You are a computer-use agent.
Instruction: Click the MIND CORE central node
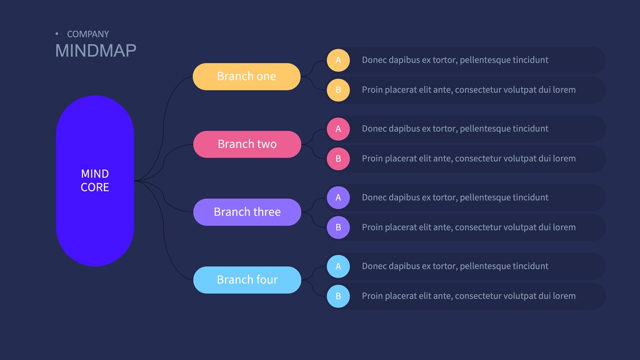point(95,181)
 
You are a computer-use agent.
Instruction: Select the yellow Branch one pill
point(246,76)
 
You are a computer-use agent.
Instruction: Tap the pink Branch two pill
point(247,144)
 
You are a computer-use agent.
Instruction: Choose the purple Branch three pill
point(247,212)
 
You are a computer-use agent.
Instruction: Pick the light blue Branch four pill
point(247,280)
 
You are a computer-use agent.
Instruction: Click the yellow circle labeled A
point(338,60)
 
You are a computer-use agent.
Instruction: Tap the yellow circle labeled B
point(338,90)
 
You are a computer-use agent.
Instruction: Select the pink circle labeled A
point(338,129)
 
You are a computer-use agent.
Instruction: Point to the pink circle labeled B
point(338,158)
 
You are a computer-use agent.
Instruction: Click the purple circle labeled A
point(338,198)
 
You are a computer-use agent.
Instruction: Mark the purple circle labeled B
point(338,227)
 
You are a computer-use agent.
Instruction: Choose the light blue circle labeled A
point(338,266)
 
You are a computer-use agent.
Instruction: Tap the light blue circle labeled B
point(338,296)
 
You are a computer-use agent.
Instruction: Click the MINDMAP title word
point(95,51)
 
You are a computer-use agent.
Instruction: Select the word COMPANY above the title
point(88,34)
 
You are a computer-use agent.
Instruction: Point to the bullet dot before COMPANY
point(57,34)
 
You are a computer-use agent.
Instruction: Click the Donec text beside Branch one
point(455,60)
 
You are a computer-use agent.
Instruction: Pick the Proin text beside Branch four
point(468,296)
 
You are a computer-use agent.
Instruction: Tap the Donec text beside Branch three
point(455,198)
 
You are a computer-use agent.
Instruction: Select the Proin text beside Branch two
point(468,158)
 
